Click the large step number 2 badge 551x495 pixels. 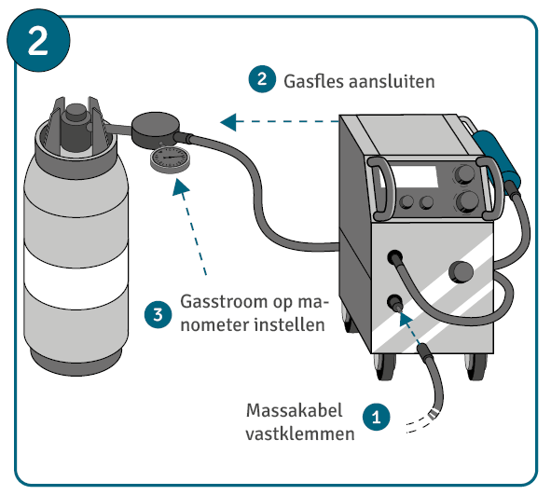pyautogui.click(x=38, y=40)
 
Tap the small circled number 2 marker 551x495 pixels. pyautogui.click(x=262, y=79)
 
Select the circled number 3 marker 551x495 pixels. pyautogui.click(x=158, y=314)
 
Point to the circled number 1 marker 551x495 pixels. pyautogui.click(x=377, y=417)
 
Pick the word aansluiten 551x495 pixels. pyautogui.click(x=392, y=81)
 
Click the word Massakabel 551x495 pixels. pyautogui.click(x=294, y=410)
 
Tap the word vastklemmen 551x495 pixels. pyautogui.click(x=300, y=434)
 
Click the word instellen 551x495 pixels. pyautogui.click(x=290, y=324)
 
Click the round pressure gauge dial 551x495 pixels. pyautogui.click(x=170, y=159)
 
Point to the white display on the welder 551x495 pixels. pyautogui.click(x=413, y=177)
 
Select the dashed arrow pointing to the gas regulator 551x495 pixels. pyautogui.click(x=280, y=121)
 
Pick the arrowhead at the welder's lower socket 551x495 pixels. pyautogui.click(x=406, y=320)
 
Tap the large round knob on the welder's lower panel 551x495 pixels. pyautogui.click(x=461, y=272)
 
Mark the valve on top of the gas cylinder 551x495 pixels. pyautogui.click(x=76, y=125)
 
